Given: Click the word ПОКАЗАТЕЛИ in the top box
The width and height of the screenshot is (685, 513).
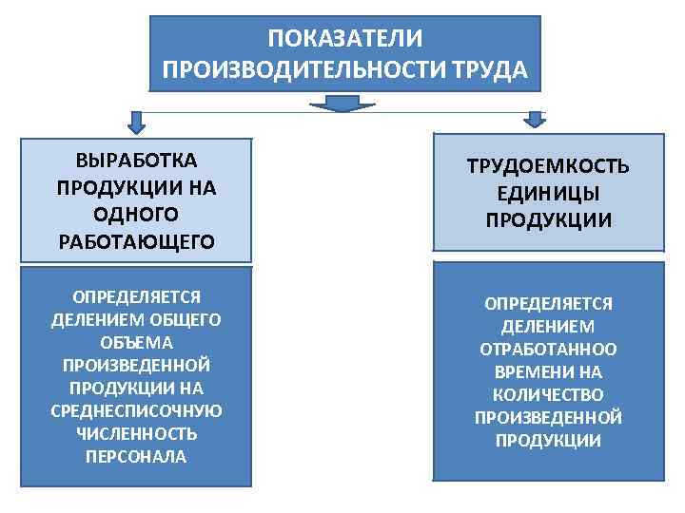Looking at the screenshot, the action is point(344,40).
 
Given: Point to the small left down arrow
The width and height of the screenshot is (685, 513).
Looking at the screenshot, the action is point(137,122).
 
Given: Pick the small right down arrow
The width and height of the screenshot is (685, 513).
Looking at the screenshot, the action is point(537,120).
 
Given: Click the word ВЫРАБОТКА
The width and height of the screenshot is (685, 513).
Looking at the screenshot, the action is point(136,159).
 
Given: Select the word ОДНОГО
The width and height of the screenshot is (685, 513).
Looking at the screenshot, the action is point(136,214).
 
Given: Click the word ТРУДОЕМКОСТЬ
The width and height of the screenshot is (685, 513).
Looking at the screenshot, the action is point(548,167).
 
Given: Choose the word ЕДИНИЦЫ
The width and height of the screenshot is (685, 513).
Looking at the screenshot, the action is point(548,194).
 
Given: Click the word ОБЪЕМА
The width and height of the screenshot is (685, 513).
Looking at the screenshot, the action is point(136,341).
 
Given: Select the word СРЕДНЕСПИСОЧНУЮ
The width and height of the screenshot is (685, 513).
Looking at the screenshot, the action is point(136,410).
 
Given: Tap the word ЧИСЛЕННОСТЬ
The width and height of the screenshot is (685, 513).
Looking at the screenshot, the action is point(136,433).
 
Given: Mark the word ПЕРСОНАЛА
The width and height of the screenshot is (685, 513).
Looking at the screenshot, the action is point(136,456).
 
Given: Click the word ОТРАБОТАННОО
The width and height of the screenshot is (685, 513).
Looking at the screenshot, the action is point(548,349).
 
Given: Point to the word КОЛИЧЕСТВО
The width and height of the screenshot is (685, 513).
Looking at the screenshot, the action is point(548,394).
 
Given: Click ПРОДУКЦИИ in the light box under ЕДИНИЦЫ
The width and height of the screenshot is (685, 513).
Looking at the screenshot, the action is point(548,221).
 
